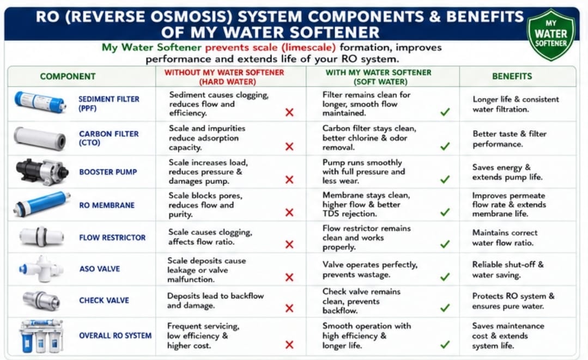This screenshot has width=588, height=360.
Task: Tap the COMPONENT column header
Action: [x=68, y=76]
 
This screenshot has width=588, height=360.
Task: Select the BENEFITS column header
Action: [x=512, y=76]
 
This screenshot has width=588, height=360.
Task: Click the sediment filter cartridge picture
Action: [x=40, y=102]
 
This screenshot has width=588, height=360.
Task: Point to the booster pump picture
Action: [x=42, y=172]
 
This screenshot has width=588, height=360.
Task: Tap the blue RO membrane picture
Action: [x=41, y=204]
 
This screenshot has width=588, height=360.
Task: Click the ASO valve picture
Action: [x=40, y=269]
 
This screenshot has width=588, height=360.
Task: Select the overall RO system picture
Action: [x=41, y=336]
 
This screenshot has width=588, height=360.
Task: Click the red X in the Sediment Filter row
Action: [x=289, y=112]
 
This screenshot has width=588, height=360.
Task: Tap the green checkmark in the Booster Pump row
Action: [x=445, y=179]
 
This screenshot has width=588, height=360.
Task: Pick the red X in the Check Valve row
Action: [x=289, y=308]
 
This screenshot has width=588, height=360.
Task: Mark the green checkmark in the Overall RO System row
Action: [x=445, y=344]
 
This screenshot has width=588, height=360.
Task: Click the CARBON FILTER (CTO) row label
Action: [x=109, y=138]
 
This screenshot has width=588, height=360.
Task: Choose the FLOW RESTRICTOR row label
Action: [x=112, y=237]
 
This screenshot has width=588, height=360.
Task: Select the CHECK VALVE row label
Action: [x=104, y=301]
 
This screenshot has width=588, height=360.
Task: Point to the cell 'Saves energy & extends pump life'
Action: [x=507, y=172]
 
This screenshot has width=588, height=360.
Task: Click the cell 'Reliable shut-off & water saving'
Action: [x=508, y=270]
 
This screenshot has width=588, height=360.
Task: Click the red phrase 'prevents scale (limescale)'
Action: [x=270, y=47]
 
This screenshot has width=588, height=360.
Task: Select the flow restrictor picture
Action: [x=41, y=237]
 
